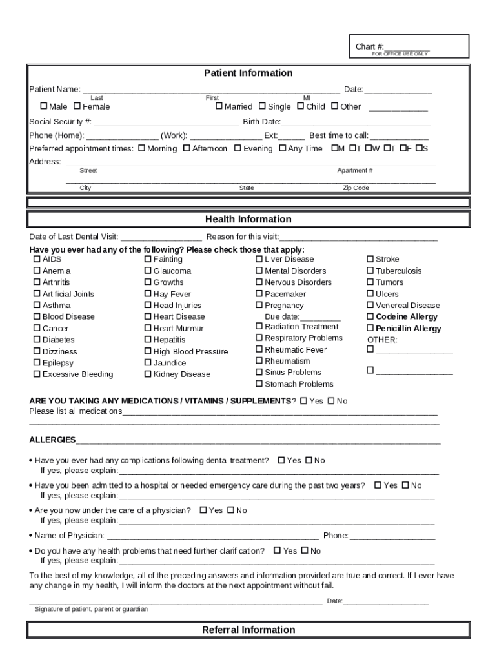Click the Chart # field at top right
pyautogui.click(x=407, y=47)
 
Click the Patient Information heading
pyautogui.click(x=249, y=73)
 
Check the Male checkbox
pyautogui.click(x=44, y=106)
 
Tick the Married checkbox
pyautogui.click(x=219, y=106)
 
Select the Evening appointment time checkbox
pyautogui.click(x=238, y=149)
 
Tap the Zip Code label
pyautogui.click(x=356, y=188)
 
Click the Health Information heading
pyautogui.click(x=249, y=219)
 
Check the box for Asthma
pyautogui.click(x=37, y=306)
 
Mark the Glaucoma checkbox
pyautogui.click(x=148, y=271)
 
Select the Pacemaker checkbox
pyautogui.click(x=259, y=294)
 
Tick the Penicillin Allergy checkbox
pyautogui.click(x=370, y=329)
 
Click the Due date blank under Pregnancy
pyautogui.click(x=321, y=317)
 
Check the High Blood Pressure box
pyautogui.click(x=148, y=352)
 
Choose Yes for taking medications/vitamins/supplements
pyautogui.click(x=303, y=401)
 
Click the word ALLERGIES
pyautogui.click(x=52, y=440)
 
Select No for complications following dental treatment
pyautogui.click(x=309, y=460)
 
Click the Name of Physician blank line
pyautogui.click(x=212, y=536)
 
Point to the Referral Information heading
pyautogui.click(x=249, y=630)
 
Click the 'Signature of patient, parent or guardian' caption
pyautogui.click(x=91, y=609)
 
